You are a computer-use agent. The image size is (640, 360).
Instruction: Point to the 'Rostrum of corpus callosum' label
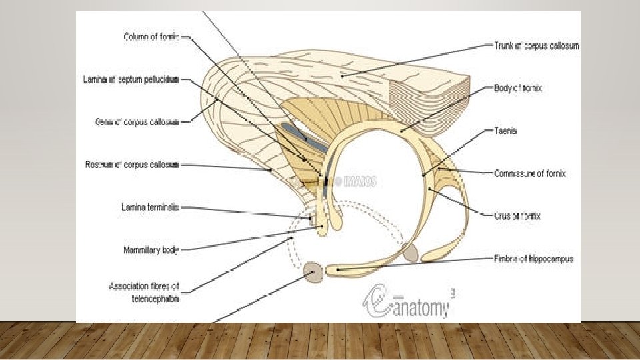[x=132, y=165]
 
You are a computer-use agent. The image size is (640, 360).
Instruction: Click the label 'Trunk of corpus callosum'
[x=536, y=45]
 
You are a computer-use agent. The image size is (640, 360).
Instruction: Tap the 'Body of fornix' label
[x=518, y=87]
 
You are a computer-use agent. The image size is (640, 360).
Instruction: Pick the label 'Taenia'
[x=505, y=131]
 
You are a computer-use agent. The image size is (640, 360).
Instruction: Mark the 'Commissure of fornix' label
[x=530, y=173]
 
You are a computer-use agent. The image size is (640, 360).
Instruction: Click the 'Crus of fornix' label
[x=517, y=216]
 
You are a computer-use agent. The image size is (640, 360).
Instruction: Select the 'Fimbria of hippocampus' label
[x=534, y=258]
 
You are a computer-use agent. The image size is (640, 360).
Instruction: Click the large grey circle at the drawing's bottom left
[x=313, y=272]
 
